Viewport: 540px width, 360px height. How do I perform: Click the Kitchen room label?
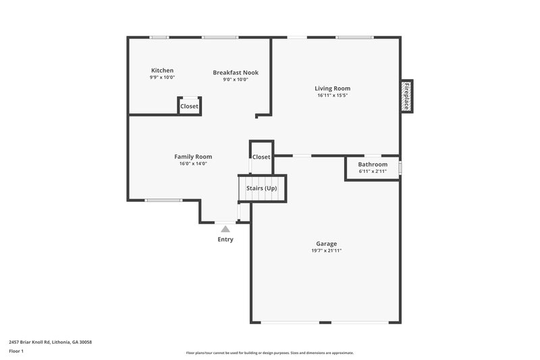click(x=162, y=70)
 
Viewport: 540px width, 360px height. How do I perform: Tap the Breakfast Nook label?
click(x=236, y=72)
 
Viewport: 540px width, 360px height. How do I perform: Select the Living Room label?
click(x=333, y=88)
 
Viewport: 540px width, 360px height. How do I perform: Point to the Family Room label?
click(x=193, y=157)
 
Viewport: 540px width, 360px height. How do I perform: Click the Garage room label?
click(x=326, y=244)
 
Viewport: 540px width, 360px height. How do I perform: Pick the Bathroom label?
click(x=373, y=164)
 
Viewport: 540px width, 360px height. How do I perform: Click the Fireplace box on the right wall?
click(x=407, y=97)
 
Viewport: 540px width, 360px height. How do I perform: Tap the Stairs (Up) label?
click(x=262, y=188)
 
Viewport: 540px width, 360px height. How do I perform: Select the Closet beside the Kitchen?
click(x=190, y=106)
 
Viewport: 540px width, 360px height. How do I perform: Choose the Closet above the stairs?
click(x=261, y=157)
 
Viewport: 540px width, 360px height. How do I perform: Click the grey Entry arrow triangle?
click(x=225, y=229)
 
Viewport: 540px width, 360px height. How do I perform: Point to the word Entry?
click(x=225, y=239)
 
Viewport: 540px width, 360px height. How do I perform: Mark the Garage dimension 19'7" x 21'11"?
click(x=326, y=251)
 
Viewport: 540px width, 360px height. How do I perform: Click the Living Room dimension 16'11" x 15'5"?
click(x=333, y=95)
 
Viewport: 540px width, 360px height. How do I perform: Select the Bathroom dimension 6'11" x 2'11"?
click(x=373, y=171)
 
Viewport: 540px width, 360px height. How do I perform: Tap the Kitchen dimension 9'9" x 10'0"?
click(x=162, y=77)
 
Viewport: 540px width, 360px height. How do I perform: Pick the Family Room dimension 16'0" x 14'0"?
click(x=193, y=163)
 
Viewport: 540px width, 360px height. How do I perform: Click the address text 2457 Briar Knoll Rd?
click(x=51, y=342)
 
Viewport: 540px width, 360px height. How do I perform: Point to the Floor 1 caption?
click(x=16, y=351)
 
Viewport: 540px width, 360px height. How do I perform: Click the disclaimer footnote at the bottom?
click(x=269, y=353)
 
